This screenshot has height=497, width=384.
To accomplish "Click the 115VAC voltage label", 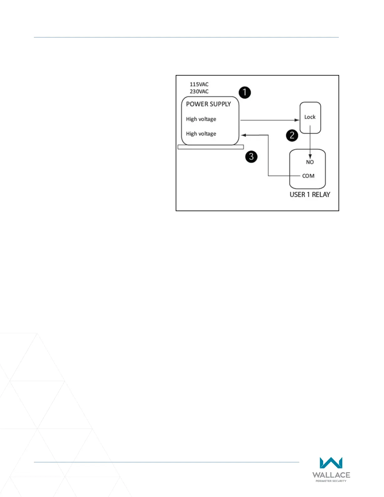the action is click(199, 84).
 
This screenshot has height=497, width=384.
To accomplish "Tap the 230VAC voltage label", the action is click(199, 92).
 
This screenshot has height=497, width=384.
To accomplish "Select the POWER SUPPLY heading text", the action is click(208, 104).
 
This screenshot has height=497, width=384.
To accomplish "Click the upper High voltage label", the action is click(201, 119).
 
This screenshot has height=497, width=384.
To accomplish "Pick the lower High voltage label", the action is click(201, 134).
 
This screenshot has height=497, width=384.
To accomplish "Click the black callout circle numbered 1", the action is click(245, 93).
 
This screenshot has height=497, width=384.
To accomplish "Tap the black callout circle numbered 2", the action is click(292, 135).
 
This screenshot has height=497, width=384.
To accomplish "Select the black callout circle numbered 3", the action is click(251, 156).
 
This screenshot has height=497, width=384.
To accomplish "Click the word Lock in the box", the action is click(310, 117).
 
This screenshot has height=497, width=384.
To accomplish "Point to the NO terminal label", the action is click(310, 162).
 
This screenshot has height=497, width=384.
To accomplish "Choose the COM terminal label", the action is click(308, 176).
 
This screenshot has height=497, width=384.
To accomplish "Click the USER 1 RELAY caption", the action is click(310, 195).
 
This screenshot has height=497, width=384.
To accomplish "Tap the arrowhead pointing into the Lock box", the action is click(297, 120).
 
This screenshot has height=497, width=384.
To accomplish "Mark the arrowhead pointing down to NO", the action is click(310, 157).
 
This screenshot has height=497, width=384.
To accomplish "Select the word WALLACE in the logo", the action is click(331, 475).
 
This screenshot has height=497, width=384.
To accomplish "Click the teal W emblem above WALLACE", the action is click(331, 463).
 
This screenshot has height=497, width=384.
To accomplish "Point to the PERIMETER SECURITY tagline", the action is click(331, 481).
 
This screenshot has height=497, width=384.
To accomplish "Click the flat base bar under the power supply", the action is click(211, 147).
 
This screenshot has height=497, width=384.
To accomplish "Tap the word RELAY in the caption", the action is click(321, 195).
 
